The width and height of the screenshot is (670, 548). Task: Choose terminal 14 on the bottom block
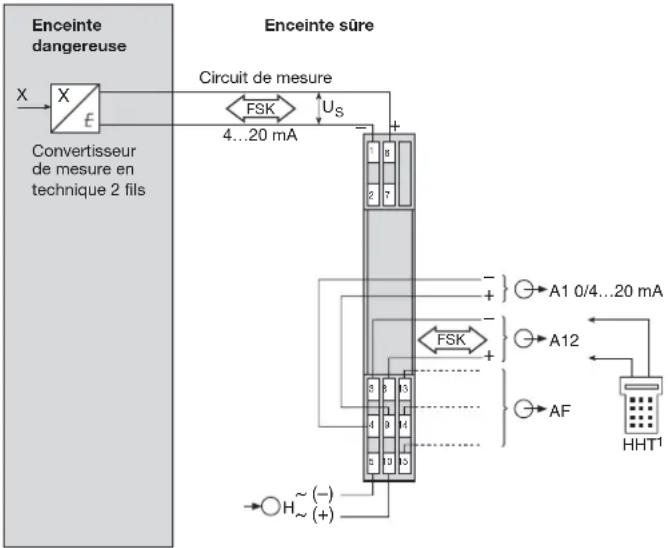[402, 424]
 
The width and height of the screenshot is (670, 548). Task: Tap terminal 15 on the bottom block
[402, 461]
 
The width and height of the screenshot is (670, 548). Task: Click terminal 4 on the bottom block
[372, 424]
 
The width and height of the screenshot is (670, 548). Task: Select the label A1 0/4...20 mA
[605, 291]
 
